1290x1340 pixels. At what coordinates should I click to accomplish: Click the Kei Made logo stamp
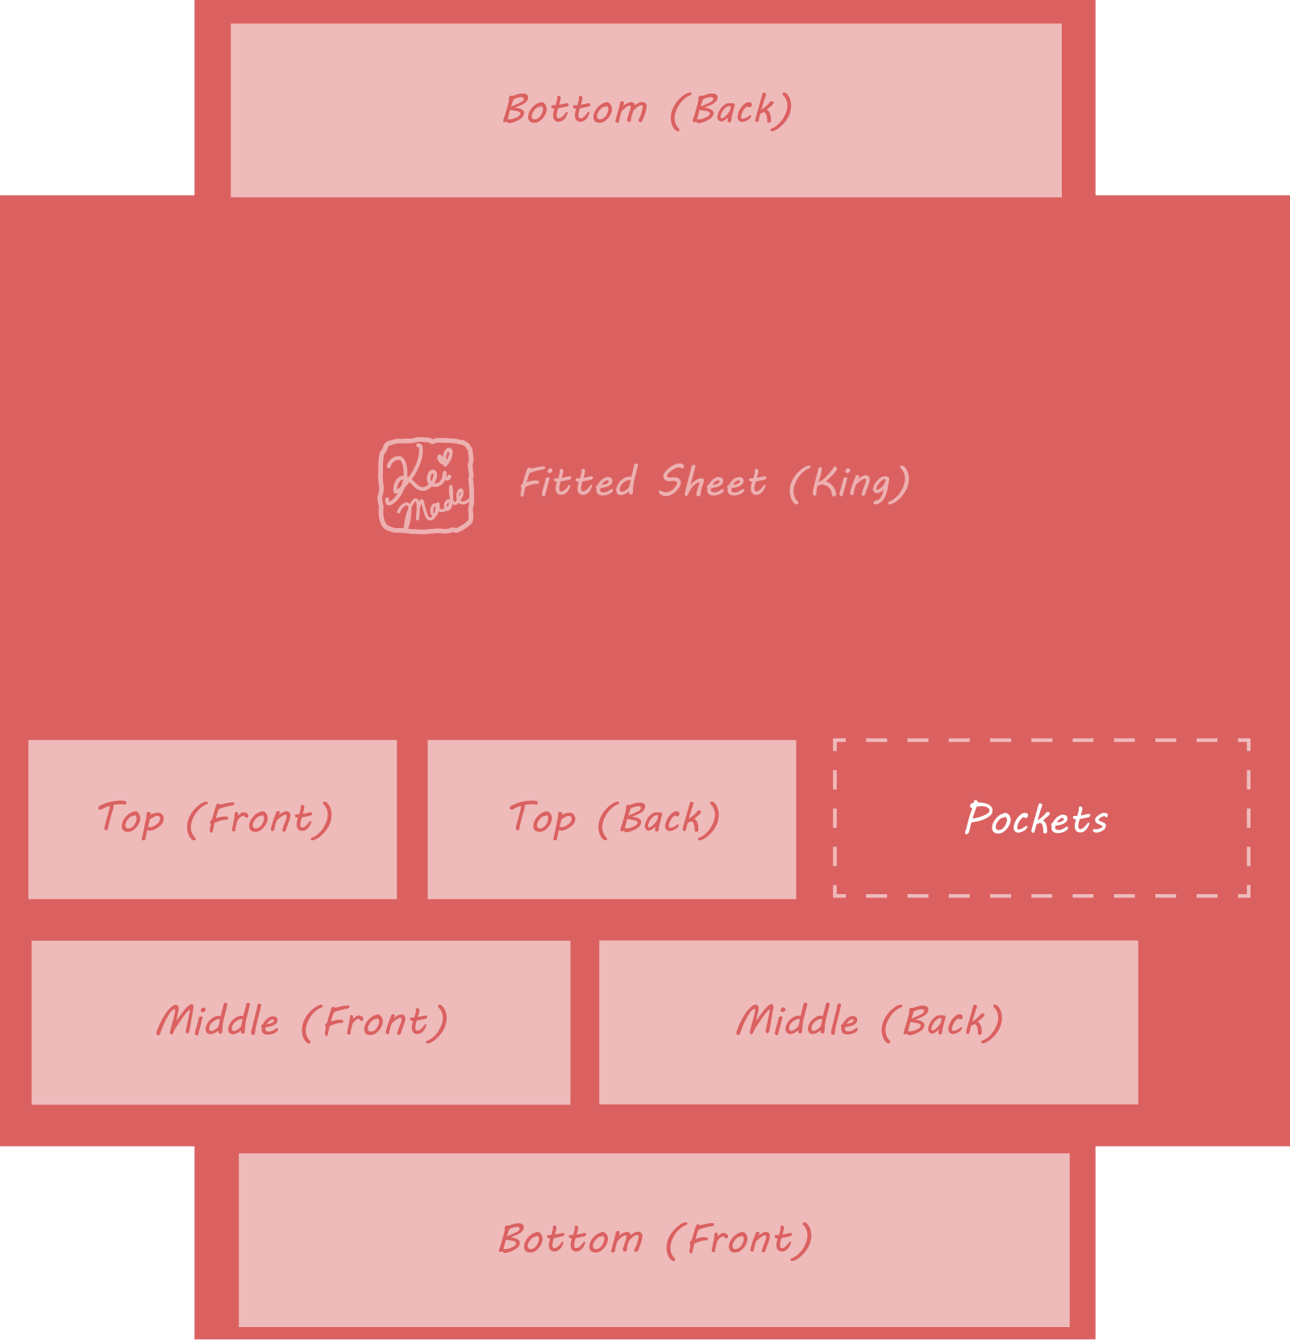click(x=426, y=485)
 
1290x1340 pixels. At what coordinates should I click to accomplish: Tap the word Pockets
click(x=1036, y=818)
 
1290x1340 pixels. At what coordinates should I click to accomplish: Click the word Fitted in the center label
click(x=578, y=481)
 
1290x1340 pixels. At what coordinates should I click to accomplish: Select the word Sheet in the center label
click(x=712, y=481)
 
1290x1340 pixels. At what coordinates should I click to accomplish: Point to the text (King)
click(x=849, y=483)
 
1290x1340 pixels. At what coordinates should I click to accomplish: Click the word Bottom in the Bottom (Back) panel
click(x=575, y=109)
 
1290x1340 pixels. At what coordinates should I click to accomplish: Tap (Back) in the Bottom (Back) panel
click(x=731, y=110)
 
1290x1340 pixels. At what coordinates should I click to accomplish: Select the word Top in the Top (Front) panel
click(x=131, y=819)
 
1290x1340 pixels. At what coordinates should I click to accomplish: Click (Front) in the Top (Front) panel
click(x=260, y=819)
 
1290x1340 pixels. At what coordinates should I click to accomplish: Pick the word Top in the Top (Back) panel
click(x=543, y=819)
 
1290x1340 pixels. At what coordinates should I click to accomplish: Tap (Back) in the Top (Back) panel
click(x=659, y=819)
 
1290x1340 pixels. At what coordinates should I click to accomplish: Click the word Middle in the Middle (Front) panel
click(x=218, y=1020)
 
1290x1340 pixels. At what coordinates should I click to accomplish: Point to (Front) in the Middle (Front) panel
click(x=375, y=1022)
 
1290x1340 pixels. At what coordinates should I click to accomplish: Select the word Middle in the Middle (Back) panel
click(x=797, y=1020)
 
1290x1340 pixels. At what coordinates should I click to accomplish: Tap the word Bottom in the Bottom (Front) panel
click(x=571, y=1238)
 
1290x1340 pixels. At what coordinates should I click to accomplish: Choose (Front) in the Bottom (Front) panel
click(x=739, y=1239)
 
